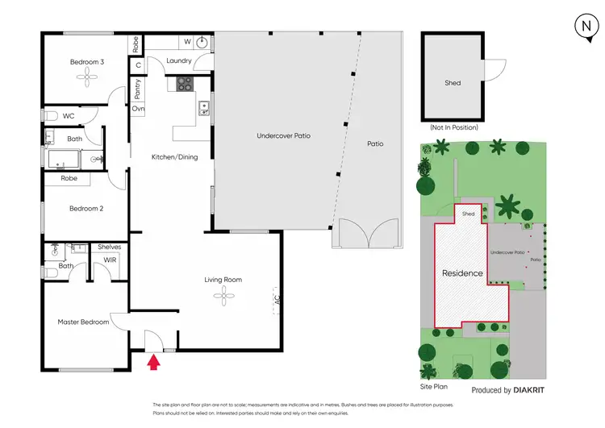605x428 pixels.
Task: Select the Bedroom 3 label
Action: (86, 62)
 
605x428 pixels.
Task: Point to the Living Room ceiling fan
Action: (223, 296)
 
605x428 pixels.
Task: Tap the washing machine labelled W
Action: (188, 41)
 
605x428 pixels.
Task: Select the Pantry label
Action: (138, 88)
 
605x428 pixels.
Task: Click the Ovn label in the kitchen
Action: (138, 109)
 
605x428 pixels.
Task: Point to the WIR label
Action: (110, 260)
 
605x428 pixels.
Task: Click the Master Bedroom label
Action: (83, 322)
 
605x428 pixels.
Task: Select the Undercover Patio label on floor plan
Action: (283, 136)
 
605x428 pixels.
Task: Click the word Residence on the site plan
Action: (462, 273)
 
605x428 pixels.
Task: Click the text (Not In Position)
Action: (453, 127)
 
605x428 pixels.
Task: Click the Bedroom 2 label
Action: (86, 209)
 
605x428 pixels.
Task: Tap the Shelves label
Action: (109, 247)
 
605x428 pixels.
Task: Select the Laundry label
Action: (177, 61)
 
